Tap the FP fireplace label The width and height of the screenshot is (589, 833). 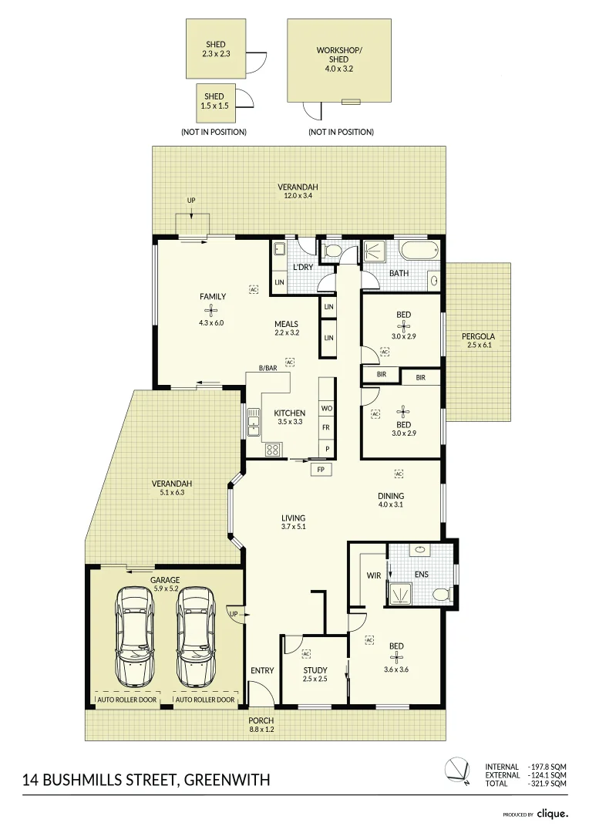tap(320, 469)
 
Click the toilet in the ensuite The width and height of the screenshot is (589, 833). tap(441, 594)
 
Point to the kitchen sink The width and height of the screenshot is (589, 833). tap(254, 421)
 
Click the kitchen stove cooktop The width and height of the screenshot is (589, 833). tap(273, 449)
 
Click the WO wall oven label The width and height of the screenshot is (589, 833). tap(327, 408)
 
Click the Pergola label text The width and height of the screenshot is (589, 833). tap(478, 336)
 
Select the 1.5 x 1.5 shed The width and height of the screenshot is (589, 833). tap(214, 102)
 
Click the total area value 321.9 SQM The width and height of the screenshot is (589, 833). tap(547, 784)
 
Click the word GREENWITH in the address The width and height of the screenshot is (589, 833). tap(227, 780)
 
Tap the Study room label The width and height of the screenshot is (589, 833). tap(315, 670)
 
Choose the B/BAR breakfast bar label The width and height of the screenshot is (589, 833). tap(268, 369)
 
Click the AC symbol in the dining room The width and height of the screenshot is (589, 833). tap(399, 473)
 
